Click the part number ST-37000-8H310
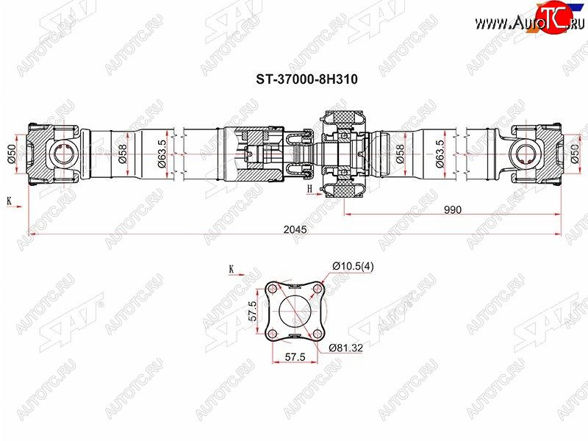pos(306,79)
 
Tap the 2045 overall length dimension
pos(295,229)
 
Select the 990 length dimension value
pos(452,209)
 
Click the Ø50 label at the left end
pos(11,154)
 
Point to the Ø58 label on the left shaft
pos(122,154)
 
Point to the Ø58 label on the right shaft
pos(400,154)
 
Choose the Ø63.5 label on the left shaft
pos(161,154)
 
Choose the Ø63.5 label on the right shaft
pos(439,154)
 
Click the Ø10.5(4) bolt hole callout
pos(353,266)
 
